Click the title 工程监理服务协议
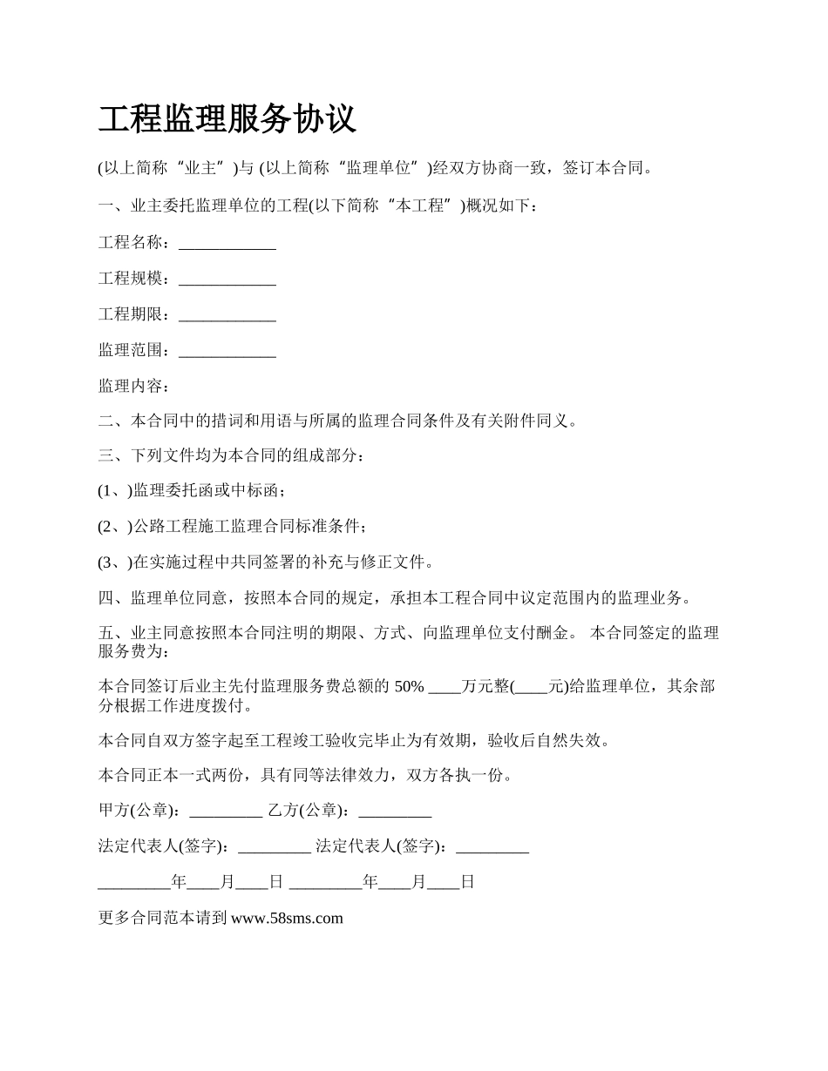tap(227, 119)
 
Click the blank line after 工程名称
tap(227, 245)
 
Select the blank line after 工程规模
tap(227, 280)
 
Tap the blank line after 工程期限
tap(227, 316)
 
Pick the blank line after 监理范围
tap(227, 352)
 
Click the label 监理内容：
tap(134, 386)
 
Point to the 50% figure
tap(410, 686)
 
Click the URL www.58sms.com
tap(287, 917)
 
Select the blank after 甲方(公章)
tap(225, 812)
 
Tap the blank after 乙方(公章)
tap(395, 812)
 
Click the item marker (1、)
tap(114, 491)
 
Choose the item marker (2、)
tap(114, 527)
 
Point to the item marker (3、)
tap(114, 562)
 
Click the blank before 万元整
tap(445, 688)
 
